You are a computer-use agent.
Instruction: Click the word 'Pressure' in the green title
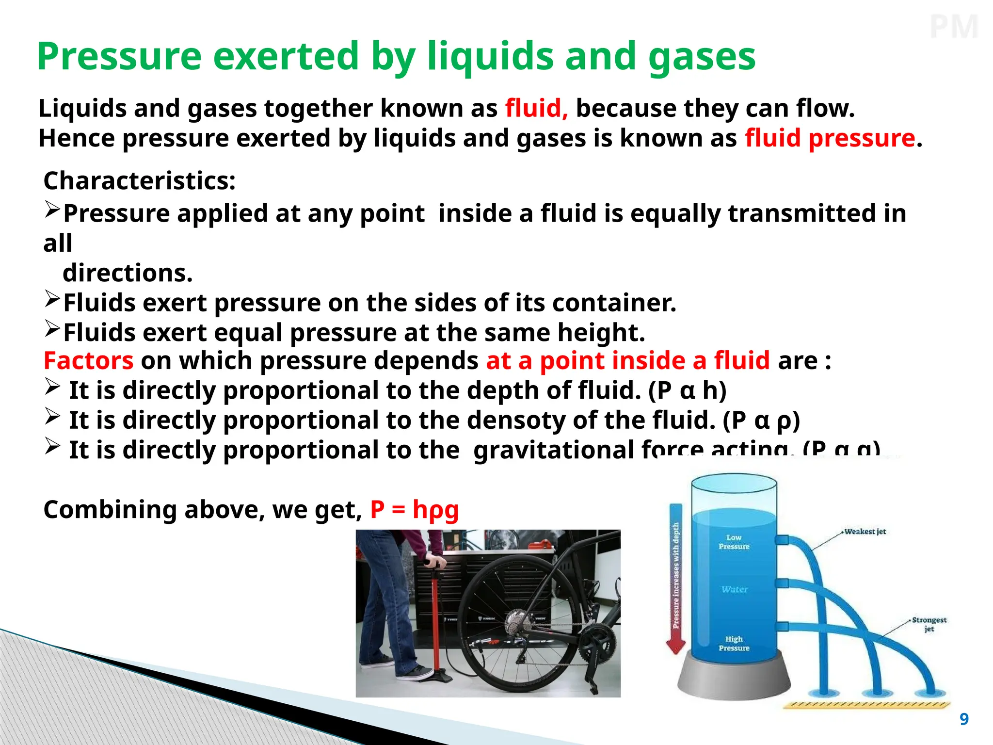(x=119, y=56)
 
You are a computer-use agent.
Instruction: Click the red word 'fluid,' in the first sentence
(x=536, y=108)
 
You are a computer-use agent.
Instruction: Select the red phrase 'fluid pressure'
(x=830, y=138)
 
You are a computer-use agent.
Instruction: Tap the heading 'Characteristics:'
(x=140, y=181)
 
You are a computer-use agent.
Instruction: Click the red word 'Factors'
(x=88, y=361)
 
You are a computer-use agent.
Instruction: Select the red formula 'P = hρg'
(x=415, y=510)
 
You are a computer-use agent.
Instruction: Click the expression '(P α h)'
(x=687, y=390)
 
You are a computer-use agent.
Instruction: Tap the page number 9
(x=964, y=719)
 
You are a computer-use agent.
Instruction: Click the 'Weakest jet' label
(x=865, y=532)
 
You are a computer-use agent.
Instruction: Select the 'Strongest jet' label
(x=929, y=624)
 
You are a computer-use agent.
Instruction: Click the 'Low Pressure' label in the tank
(x=734, y=542)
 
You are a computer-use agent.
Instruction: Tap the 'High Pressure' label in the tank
(x=734, y=643)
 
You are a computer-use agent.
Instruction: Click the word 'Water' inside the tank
(x=734, y=589)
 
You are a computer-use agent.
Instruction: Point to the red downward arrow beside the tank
(x=676, y=582)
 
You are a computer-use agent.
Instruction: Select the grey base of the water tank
(x=734, y=679)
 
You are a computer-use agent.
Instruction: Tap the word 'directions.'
(x=128, y=273)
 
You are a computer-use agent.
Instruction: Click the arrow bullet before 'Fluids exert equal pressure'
(x=52, y=328)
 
